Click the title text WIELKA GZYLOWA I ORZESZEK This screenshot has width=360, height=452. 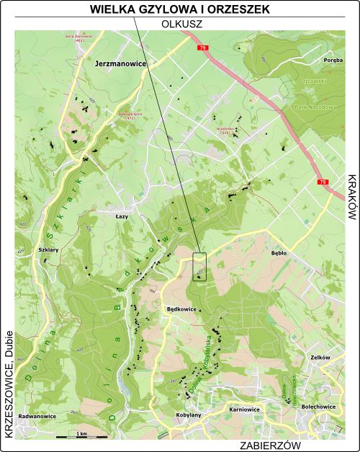[180, 9]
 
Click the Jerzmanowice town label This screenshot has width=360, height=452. [120, 64]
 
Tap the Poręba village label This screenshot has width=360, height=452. [333, 61]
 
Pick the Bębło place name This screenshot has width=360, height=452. [279, 254]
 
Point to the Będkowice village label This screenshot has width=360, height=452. [181, 307]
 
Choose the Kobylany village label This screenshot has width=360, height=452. [189, 415]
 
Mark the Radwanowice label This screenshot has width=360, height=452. [37, 416]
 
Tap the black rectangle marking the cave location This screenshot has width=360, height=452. [199, 267]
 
